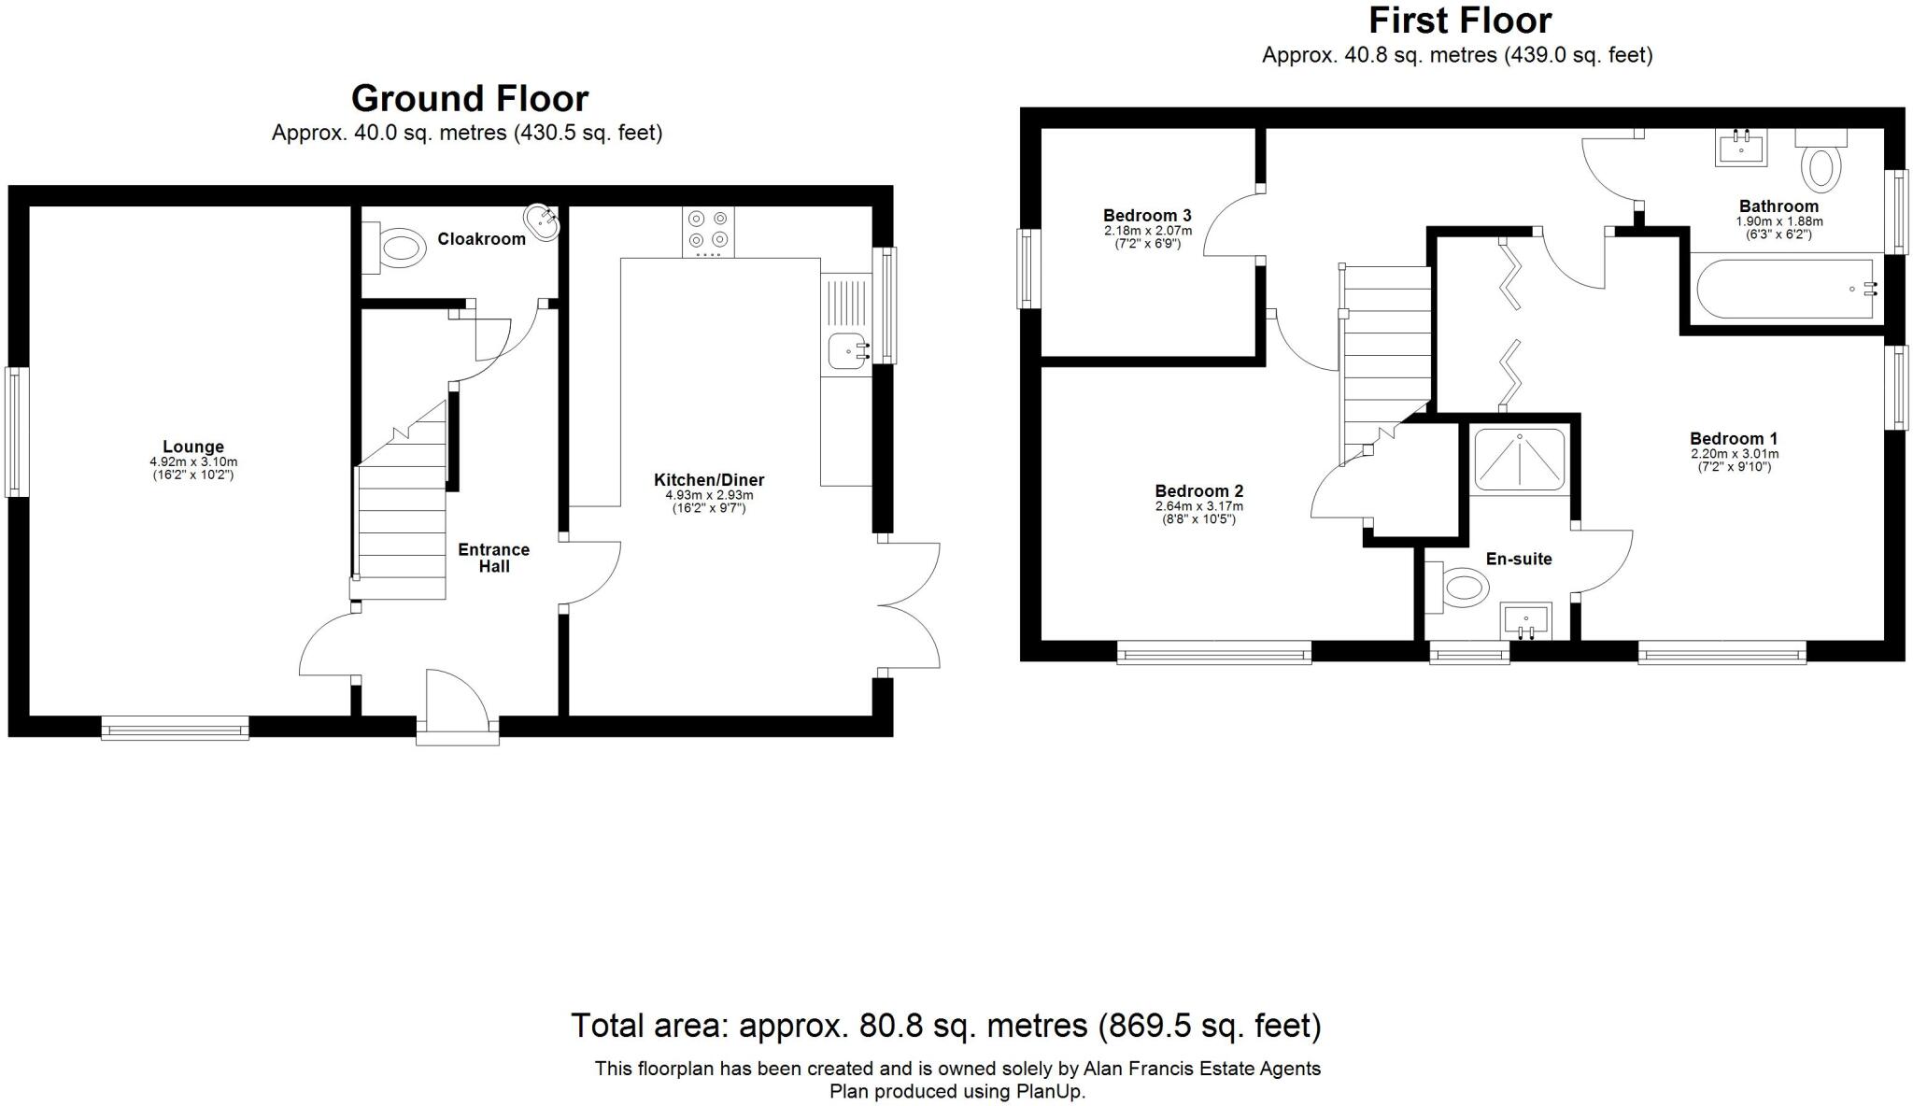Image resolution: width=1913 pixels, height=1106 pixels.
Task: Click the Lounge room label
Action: pyautogui.click(x=192, y=447)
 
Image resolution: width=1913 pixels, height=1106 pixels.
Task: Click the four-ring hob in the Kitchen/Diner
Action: pyautogui.click(x=707, y=230)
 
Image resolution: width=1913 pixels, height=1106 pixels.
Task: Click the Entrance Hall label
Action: pyautogui.click(x=493, y=558)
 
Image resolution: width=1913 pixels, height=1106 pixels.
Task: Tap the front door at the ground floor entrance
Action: pyautogui.click(x=457, y=708)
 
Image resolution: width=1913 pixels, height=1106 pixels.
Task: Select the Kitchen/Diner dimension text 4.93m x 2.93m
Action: pyautogui.click(x=708, y=495)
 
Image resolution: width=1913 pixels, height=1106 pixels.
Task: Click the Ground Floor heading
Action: pyautogui.click(x=469, y=98)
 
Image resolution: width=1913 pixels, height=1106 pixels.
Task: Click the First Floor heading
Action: pyautogui.click(x=1459, y=20)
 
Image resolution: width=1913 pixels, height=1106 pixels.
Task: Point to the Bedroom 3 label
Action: pyautogui.click(x=1146, y=216)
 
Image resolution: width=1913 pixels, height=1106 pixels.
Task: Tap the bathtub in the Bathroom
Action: pyautogui.click(x=1784, y=290)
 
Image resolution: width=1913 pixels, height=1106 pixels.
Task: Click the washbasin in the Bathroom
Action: pyautogui.click(x=1741, y=148)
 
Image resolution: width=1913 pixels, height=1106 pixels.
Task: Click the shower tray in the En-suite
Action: pyautogui.click(x=1519, y=459)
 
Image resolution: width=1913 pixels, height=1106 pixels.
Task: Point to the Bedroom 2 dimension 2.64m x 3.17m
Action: pyautogui.click(x=1198, y=506)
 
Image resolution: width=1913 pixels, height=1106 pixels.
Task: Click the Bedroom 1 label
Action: pyautogui.click(x=1733, y=438)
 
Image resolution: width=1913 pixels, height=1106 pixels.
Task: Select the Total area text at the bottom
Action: pyautogui.click(x=945, y=1026)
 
